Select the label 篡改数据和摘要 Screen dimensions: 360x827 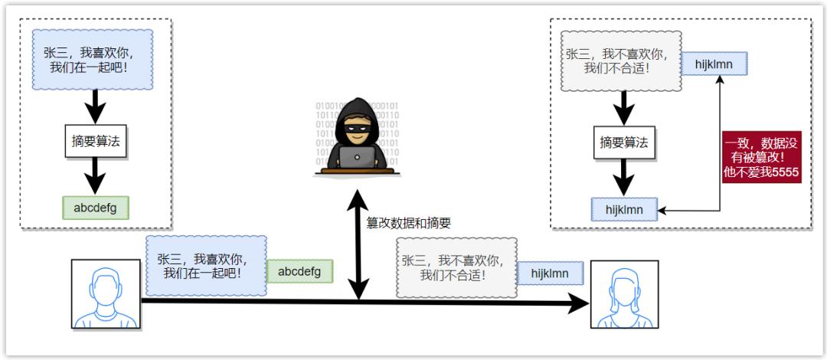pos(408,223)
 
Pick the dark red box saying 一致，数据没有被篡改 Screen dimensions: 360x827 pos(760,157)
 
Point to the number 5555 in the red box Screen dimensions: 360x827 pos(783,173)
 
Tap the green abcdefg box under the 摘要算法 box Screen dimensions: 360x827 pos(95,208)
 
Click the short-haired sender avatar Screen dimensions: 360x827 pos(106,293)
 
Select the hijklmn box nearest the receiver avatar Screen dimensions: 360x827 pos(550,273)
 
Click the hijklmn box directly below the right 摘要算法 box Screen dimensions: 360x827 pos(625,208)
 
